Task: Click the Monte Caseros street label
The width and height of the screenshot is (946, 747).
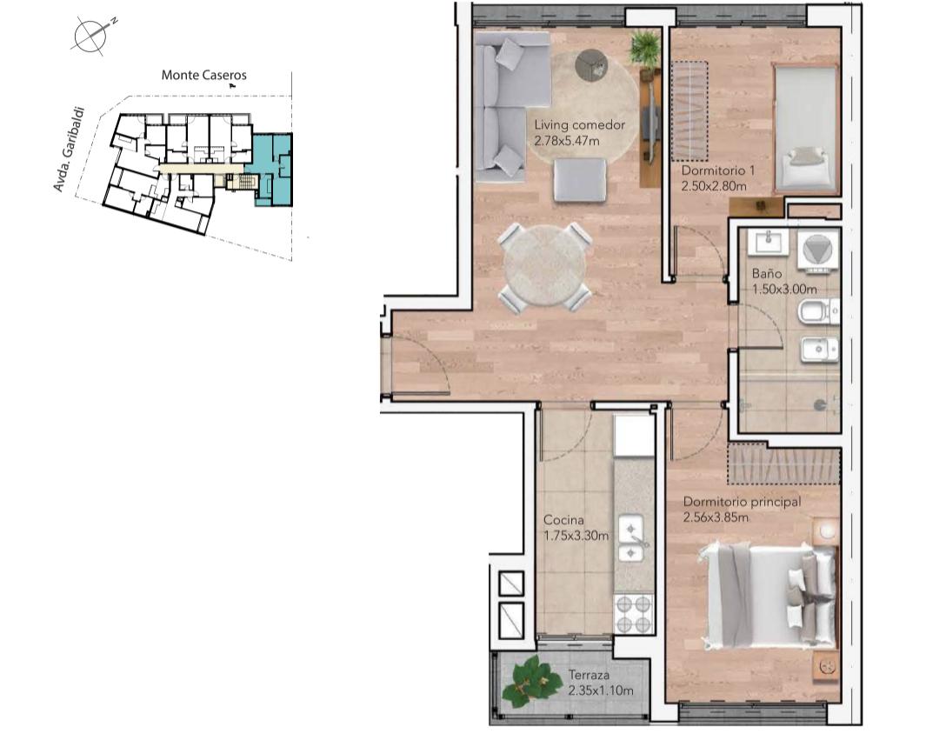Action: [204, 76]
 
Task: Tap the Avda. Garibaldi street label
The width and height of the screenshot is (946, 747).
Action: [67, 150]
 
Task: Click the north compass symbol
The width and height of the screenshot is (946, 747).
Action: [92, 35]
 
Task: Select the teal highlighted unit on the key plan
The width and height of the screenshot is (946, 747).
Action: [273, 170]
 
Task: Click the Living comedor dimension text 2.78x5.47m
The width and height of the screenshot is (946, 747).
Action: [567, 141]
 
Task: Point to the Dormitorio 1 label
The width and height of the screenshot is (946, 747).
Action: [717, 170]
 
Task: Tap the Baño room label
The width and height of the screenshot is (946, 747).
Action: [766, 274]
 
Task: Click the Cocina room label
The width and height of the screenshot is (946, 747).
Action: [563, 520]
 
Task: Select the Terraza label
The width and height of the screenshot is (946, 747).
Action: [589, 676]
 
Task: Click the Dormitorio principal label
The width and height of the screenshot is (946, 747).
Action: [742, 502]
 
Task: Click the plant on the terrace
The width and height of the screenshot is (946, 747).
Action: [530, 681]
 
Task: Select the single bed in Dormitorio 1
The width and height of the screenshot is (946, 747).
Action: [806, 129]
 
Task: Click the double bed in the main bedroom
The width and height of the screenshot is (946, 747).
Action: [770, 597]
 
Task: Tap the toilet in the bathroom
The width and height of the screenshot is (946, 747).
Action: [818, 312]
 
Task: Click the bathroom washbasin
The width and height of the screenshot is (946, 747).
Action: [768, 242]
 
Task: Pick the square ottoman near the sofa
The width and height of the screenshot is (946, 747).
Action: [579, 179]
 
